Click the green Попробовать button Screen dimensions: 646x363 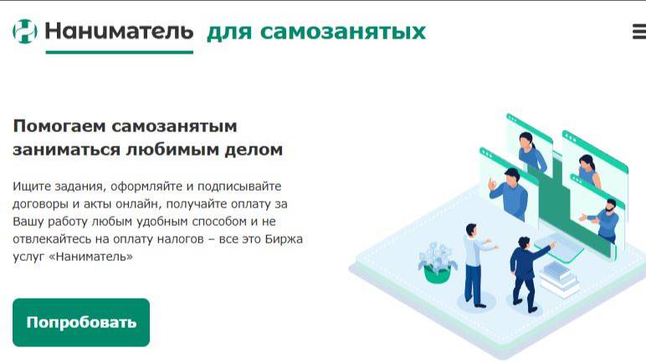coord(81,322)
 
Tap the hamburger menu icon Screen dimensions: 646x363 coord(639,32)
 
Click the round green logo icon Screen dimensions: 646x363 coord(25,31)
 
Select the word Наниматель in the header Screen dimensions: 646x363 coord(119,31)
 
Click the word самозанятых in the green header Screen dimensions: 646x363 coord(343,32)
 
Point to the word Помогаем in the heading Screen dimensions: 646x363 coord(59,126)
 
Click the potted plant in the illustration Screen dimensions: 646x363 coord(437,263)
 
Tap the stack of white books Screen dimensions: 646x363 coord(559,279)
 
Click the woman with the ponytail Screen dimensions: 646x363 coord(531,152)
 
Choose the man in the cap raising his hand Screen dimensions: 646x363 coord(509,193)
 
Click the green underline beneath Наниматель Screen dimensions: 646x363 coord(120,52)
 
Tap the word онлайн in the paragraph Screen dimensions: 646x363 coord(136,204)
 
